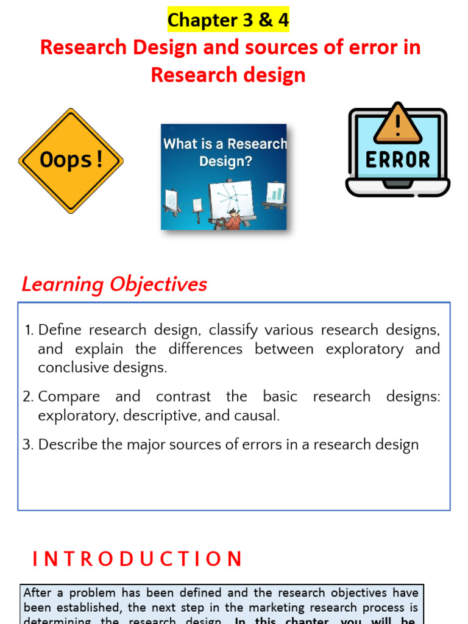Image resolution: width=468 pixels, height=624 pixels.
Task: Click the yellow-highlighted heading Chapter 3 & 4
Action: (229, 20)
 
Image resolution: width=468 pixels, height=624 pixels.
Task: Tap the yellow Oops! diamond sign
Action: (71, 161)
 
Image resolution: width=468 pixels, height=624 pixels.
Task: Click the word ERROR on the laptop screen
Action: (397, 160)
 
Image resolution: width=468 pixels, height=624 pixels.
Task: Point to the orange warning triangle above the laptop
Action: (397, 123)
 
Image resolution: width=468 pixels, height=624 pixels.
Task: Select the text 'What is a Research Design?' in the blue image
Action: (224, 152)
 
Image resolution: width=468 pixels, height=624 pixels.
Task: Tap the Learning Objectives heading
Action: (115, 285)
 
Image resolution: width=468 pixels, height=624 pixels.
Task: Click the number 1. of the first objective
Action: (29, 330)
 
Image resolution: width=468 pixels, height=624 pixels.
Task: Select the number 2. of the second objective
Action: (28, 397)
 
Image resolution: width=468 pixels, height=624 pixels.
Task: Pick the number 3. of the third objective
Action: (28, 445)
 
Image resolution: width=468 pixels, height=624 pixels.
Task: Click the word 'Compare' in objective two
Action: (69, 397)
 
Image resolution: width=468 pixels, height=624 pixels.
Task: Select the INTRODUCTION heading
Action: (138, 559)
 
